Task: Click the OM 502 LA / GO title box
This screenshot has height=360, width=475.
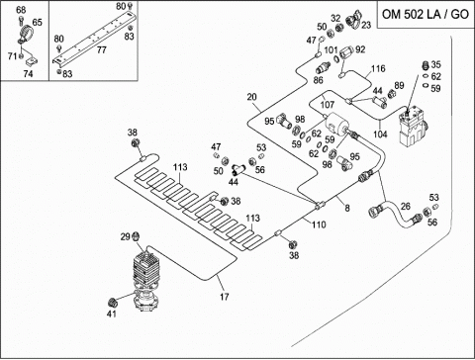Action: pos(426,14)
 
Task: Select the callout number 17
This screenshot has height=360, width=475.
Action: pos(225,297)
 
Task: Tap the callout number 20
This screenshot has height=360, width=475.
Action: pos(251,97)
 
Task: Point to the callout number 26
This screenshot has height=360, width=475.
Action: pos(406,207)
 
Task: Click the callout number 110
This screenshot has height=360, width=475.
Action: pos(319,225)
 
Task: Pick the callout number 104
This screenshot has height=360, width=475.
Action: pos(380,135)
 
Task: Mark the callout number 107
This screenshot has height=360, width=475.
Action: pos(328,105)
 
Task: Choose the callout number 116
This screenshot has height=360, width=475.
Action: pos(378,68)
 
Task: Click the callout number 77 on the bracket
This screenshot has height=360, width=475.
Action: pos(102,49)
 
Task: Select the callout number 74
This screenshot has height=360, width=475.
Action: pos(28,73)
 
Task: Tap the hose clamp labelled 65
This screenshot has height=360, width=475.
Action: pos(26,36)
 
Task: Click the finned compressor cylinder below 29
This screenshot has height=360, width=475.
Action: pos(146,268)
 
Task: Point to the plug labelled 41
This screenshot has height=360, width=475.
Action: pos(113,302)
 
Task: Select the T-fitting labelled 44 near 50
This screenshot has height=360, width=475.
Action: pos(237,169)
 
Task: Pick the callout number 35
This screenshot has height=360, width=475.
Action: pos(435,64)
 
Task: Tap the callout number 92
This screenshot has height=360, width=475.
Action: pos(360,49)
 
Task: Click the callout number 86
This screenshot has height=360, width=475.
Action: pos(318,80)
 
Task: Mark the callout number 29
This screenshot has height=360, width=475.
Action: pos(126,236)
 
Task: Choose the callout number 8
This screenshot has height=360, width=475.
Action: pos(347,208)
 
